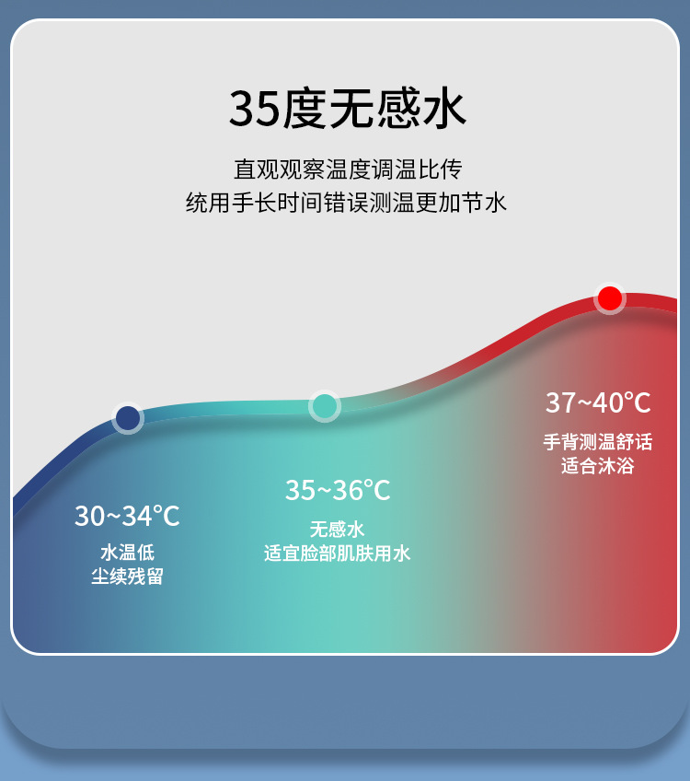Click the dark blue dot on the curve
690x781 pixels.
point(128,418)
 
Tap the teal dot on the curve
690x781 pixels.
point(324,405)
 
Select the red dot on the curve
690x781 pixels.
point(609,298)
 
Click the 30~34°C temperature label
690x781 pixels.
point(127,516)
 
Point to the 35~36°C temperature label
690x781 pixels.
point(338,490)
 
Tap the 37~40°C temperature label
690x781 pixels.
point(598,402)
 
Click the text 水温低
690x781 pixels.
point(127,554)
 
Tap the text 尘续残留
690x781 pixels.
point(127,577)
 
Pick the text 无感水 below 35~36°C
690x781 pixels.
point(338,529)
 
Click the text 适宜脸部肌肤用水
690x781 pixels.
point(338,553)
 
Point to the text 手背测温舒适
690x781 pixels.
point(598,442)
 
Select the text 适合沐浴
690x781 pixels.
point(598,466)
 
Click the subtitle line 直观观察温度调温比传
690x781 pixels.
point(347,169)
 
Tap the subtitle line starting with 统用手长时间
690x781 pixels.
point(347,203)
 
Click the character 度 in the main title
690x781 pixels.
point(304,110)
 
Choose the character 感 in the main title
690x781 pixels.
point(397,110)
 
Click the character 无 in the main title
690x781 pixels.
point(351,110)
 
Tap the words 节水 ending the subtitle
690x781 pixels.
point(485,203)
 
